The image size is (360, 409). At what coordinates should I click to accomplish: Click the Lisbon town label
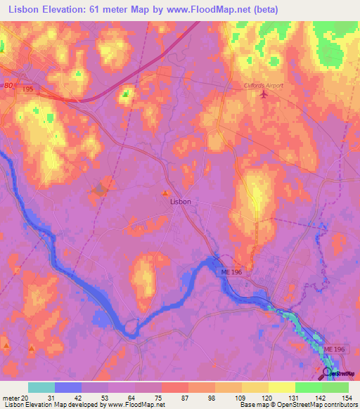pyautogui.click(x=181, y=201)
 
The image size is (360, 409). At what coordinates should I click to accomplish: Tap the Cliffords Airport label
pyautogui.click(x=262, y=85)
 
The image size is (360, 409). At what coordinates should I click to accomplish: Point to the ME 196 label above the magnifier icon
pyautogui.click(x=334, y=349)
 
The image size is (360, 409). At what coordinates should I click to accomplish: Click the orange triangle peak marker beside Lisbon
pyautogui.click(x=165, y=193)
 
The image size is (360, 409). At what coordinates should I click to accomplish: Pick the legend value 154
pyautogui.click(x=347, y=398)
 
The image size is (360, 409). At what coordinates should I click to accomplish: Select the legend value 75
pyautogui.click(x=160, y=398)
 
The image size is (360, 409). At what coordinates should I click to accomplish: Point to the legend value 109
pyautogui.click(x=240, y=398)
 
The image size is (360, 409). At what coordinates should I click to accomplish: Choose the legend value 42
pyautogui.click(x=79, y=398)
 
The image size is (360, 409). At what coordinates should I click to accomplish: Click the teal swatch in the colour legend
pyautogui.click(x=41, y=387)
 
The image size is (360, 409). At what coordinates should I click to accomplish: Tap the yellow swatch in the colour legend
pyautogui.click(x=281, y=387)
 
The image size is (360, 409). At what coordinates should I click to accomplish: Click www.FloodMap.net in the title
pyautogui.click(x=216, y=10)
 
